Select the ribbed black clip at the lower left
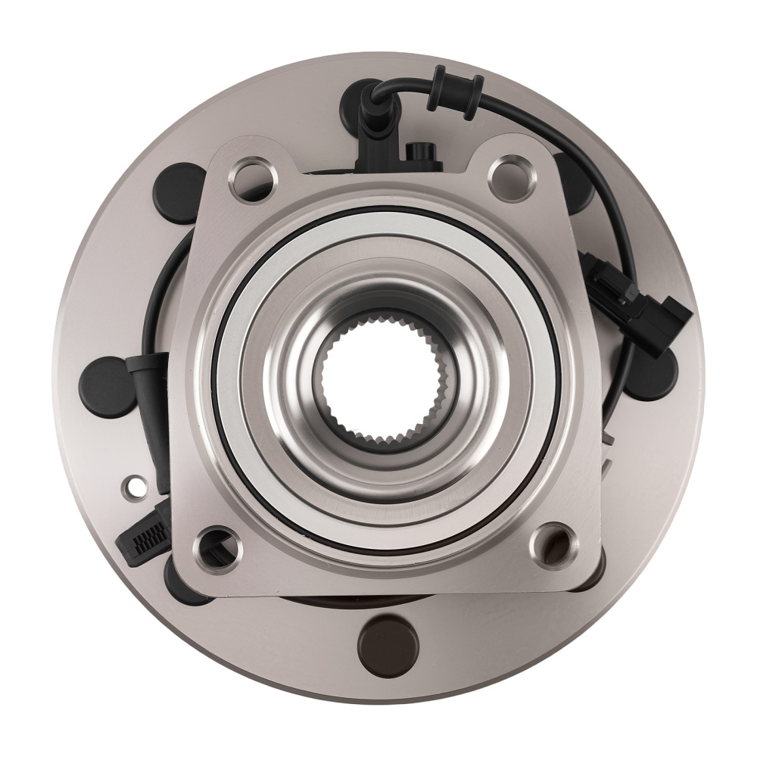pyautogui.click(x=144, y=539)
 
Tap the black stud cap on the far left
pyautogui.click(x=107, y=385)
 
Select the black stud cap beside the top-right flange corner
pyautogui.click(x=575, y=182)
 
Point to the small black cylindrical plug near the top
pyautogui.click(x=416, y=152)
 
